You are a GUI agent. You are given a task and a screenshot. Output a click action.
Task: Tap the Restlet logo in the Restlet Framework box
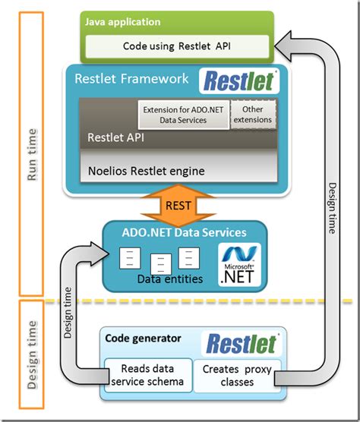click(x=239, y=80)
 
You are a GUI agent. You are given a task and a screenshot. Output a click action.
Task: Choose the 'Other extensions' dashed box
click(x=253, y=114)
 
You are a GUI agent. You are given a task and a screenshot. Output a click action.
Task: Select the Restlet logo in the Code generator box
click(x=242, y=343)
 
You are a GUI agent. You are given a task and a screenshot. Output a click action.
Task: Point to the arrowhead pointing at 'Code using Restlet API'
click(x=285, y=47)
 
